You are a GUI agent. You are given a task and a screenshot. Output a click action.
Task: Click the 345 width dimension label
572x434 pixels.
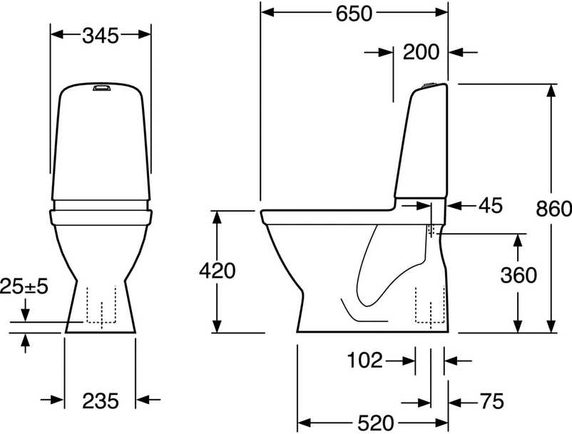click(x=101, y=36)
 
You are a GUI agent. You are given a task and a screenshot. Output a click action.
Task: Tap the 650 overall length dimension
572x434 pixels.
click(x=354, y=14)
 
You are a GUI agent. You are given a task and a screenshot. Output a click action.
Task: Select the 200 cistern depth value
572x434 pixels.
click(x=421, y=52)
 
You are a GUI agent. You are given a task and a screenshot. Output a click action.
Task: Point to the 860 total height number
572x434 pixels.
click(x=553, y=210)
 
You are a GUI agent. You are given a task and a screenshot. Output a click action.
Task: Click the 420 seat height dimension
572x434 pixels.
click(x=218, y=271)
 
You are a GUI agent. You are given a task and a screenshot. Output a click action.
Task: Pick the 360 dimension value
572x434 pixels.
click(x=519, y=275)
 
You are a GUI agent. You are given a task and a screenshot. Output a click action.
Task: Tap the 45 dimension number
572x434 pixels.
click(x=491, y=205)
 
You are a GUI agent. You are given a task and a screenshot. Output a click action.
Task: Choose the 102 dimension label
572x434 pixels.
click(x=364, y=361)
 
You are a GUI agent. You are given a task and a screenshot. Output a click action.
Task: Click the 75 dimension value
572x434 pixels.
click(x=491, y=401)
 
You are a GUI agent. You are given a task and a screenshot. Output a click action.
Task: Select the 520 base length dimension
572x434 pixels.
click(x=376, y=423)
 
